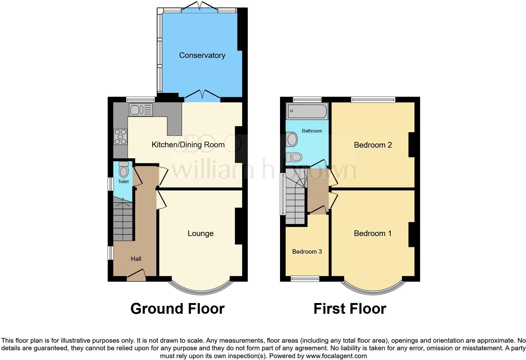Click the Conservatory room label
point(202,55)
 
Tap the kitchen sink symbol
point(141,110)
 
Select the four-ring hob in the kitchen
point(120,137)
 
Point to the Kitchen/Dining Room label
point(188,145)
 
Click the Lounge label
point(200,233)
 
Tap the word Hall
point(136,259)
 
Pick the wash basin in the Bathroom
point(292,139)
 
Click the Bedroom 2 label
point(373,145)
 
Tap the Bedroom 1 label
point(372,233)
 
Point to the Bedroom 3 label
point(307,252)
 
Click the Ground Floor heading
point(177,309)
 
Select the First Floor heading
point(350,309)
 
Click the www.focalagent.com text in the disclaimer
point(336,356)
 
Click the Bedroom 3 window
point(305,278)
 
